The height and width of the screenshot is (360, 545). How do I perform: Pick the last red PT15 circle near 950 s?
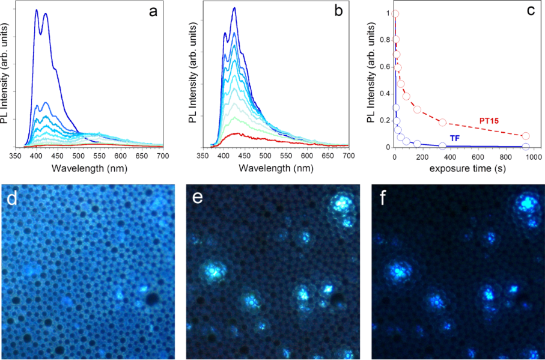click(526, 136)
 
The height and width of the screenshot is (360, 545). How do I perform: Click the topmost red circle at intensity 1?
click(395, 13)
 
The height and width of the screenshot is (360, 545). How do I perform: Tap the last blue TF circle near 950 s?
click(526, 146)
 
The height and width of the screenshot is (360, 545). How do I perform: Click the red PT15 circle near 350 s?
click(442, 122)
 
